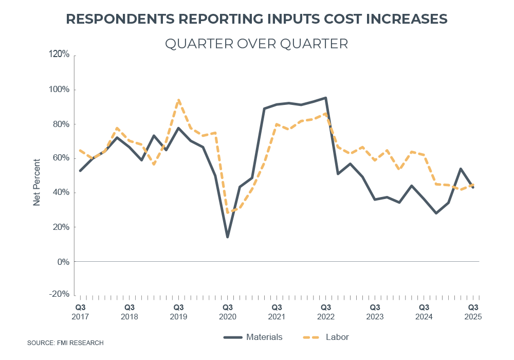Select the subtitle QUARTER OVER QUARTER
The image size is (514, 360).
(x=256, y=44)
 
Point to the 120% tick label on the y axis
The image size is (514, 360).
(x=59, y=55)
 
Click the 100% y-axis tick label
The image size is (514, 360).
(x=59, y=89)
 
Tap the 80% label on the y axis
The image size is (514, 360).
(x=61, y=124)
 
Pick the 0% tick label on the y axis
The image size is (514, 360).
(x=63, y=261)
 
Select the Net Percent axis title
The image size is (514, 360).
(x=36, y=183)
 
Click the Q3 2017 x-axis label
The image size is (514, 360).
(x=80, y=312)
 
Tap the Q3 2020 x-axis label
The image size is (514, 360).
(x=227, y=312)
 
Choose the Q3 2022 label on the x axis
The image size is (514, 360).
(x=326, y=312)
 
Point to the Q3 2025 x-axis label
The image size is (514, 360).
(x=473, y=312)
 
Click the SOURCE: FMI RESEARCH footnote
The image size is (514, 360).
(x=65, y=343)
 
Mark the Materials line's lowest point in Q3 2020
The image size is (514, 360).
(x=227, y=237)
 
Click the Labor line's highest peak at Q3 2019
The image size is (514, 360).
(x=178, y=100)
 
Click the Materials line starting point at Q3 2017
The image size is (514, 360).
(x=80, y=170)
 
